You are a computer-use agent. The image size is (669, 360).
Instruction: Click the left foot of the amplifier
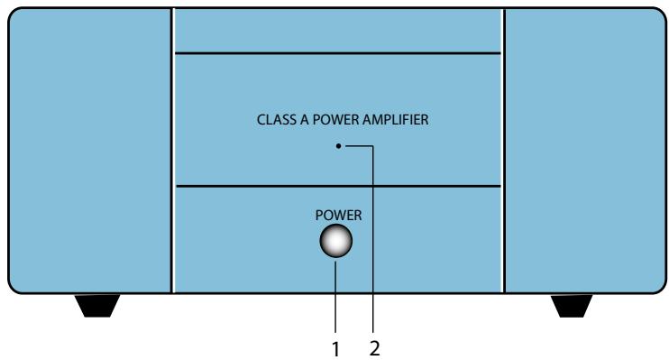click(97, 306)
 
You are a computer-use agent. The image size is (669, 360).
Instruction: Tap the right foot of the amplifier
click(572, 306)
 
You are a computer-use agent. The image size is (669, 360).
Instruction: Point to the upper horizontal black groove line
click(336, 54)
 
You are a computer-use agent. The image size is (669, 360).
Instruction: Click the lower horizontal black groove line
click(336, 187)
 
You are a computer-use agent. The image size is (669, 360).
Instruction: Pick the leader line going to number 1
click(336, 298)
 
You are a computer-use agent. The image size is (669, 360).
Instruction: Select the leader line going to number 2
click(373, 244)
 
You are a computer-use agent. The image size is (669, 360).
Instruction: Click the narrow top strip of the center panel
click(336, 31)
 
